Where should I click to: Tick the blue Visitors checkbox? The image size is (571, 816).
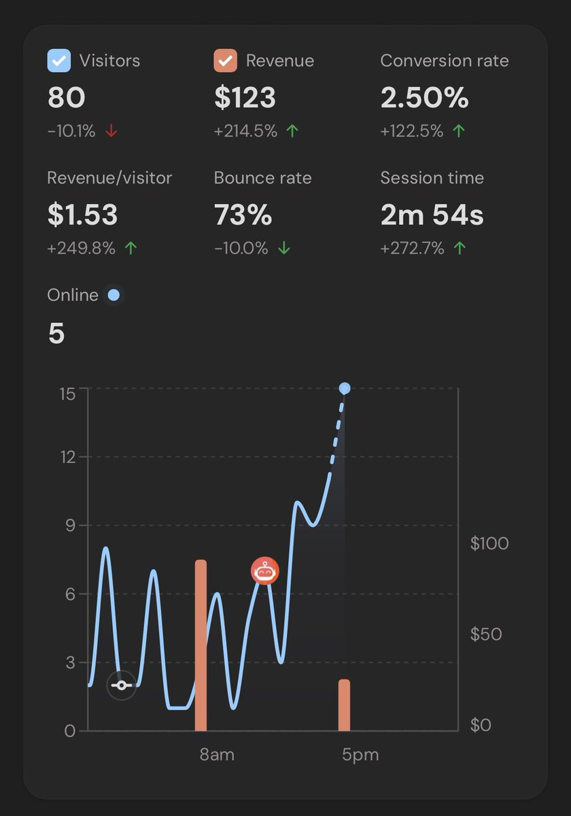pyautogui.click(x=59, y=61)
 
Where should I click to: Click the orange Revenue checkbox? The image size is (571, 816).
pyautogui.click(x=226, y=61)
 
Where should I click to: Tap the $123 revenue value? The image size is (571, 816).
pyautogui.click(x=245, y=98)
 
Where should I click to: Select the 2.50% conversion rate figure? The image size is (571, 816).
pyautogui.click(x=425, y=97)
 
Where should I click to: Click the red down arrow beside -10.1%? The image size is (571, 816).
pyautogui.click(x=111, y=131)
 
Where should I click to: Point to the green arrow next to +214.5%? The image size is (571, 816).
pyautogui.click(x=292, y=131)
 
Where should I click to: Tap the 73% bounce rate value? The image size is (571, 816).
pyautogui.click(x=243, y=214)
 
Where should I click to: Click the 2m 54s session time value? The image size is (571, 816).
pyautogui.click(x=432, y=214)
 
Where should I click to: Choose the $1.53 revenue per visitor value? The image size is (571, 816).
pyautogui.click(x=83, y=215)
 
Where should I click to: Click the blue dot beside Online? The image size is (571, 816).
pyautogui.click(x=114, y=295)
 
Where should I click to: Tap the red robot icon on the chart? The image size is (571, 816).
pyautogui.click(x=265, y=571)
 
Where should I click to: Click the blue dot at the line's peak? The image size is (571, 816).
pyautogui.click(x=345, y=388)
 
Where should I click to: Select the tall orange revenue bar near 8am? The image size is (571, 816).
pyautogui.click(x=201, y=645)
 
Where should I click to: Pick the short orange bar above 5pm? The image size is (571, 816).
pyautogui.click(x=344, y=705)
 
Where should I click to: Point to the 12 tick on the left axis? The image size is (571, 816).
pyautogui.click(x=68, y=457)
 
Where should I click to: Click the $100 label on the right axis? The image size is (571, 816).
pyautogui.click(x=489, y=543)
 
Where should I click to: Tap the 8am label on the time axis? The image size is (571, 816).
pyautogui.click(x=217, y=754)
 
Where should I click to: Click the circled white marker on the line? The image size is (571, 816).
pyautogui.click(x=122, y=685)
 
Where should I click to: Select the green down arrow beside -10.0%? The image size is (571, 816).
pyautogui.click(x=284, y=248)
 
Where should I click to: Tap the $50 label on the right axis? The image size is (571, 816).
pyautogui.click(x=486, y=634)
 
